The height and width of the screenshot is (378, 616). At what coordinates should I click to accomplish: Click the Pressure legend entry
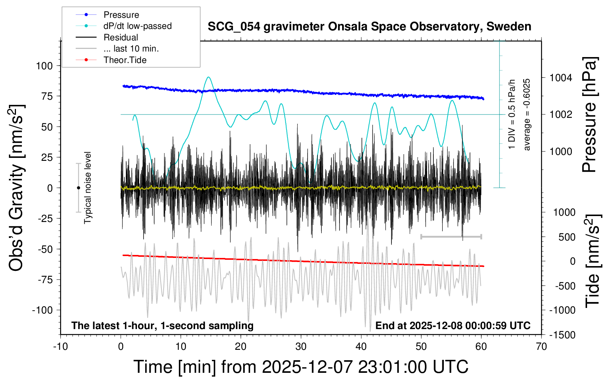coord(121,15)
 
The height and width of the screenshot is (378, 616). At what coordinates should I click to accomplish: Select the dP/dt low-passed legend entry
coord(137,26)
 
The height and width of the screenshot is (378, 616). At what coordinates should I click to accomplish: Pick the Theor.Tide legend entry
coord(125,60)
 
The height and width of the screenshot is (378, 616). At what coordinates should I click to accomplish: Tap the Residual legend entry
coord(121,37)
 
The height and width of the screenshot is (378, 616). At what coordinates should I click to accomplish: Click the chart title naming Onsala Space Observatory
coord(369,27)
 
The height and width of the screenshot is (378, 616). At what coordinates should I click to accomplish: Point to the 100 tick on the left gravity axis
coord(45,66)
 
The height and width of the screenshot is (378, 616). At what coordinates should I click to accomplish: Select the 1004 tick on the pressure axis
coord(561,78)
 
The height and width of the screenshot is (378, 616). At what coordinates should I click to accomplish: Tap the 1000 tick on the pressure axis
coord(561,151)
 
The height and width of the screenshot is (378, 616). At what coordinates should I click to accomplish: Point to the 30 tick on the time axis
coord(301,347)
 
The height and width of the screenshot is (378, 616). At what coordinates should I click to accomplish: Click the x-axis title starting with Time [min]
coord(301,367)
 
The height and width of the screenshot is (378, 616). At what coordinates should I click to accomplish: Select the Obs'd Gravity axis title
coord(17,188)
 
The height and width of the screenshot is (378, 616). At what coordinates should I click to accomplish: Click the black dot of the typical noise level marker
coord(78,188)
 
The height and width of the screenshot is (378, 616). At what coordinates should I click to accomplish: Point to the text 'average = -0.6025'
coord(527,115)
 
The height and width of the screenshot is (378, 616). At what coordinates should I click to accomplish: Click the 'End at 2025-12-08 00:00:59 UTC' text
coord(453,326)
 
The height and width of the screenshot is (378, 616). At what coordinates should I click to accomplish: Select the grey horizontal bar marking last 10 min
coord(451,236)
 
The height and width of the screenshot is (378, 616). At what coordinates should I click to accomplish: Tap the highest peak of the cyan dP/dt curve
coord(209,77)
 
